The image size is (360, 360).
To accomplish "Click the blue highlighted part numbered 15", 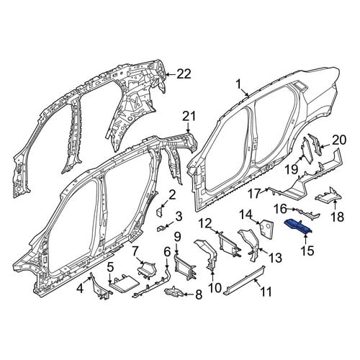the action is pyautogui.click(x=298, y=226).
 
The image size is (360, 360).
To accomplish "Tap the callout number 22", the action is pyautogui.click(x=184, y=74).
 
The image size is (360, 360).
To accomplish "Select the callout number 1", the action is pyautogui.click(x=238, y=84).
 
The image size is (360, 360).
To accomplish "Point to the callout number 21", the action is pyautogui.click(x=189, y=117).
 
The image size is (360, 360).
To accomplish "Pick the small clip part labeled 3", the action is pyautogui.click(x=160, y=228).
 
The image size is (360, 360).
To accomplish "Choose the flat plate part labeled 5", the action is pyautogui.click(x=125, y=283).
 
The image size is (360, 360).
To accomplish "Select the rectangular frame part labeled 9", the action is pyautogui.click(x=185, y=267).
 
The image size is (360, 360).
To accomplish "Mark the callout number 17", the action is pyautogui.click(x=254, y=194).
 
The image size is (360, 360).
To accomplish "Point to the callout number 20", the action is pyautogui.click(x=339, y=140).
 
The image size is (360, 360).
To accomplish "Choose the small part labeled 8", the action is pyautogui.click(x=175, y=292).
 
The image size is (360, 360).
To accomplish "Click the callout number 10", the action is pyautogui.click(x=215, y=288).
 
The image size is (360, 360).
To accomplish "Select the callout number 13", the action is pyautogui.click(x=275, y=258).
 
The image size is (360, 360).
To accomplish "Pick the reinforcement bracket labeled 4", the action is pyautogui.click(x=101, y=286).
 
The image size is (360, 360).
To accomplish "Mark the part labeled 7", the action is pyautogui.click(x=147, y=270).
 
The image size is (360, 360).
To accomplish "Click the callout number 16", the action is pyautogui.click(x=280, y=209).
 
